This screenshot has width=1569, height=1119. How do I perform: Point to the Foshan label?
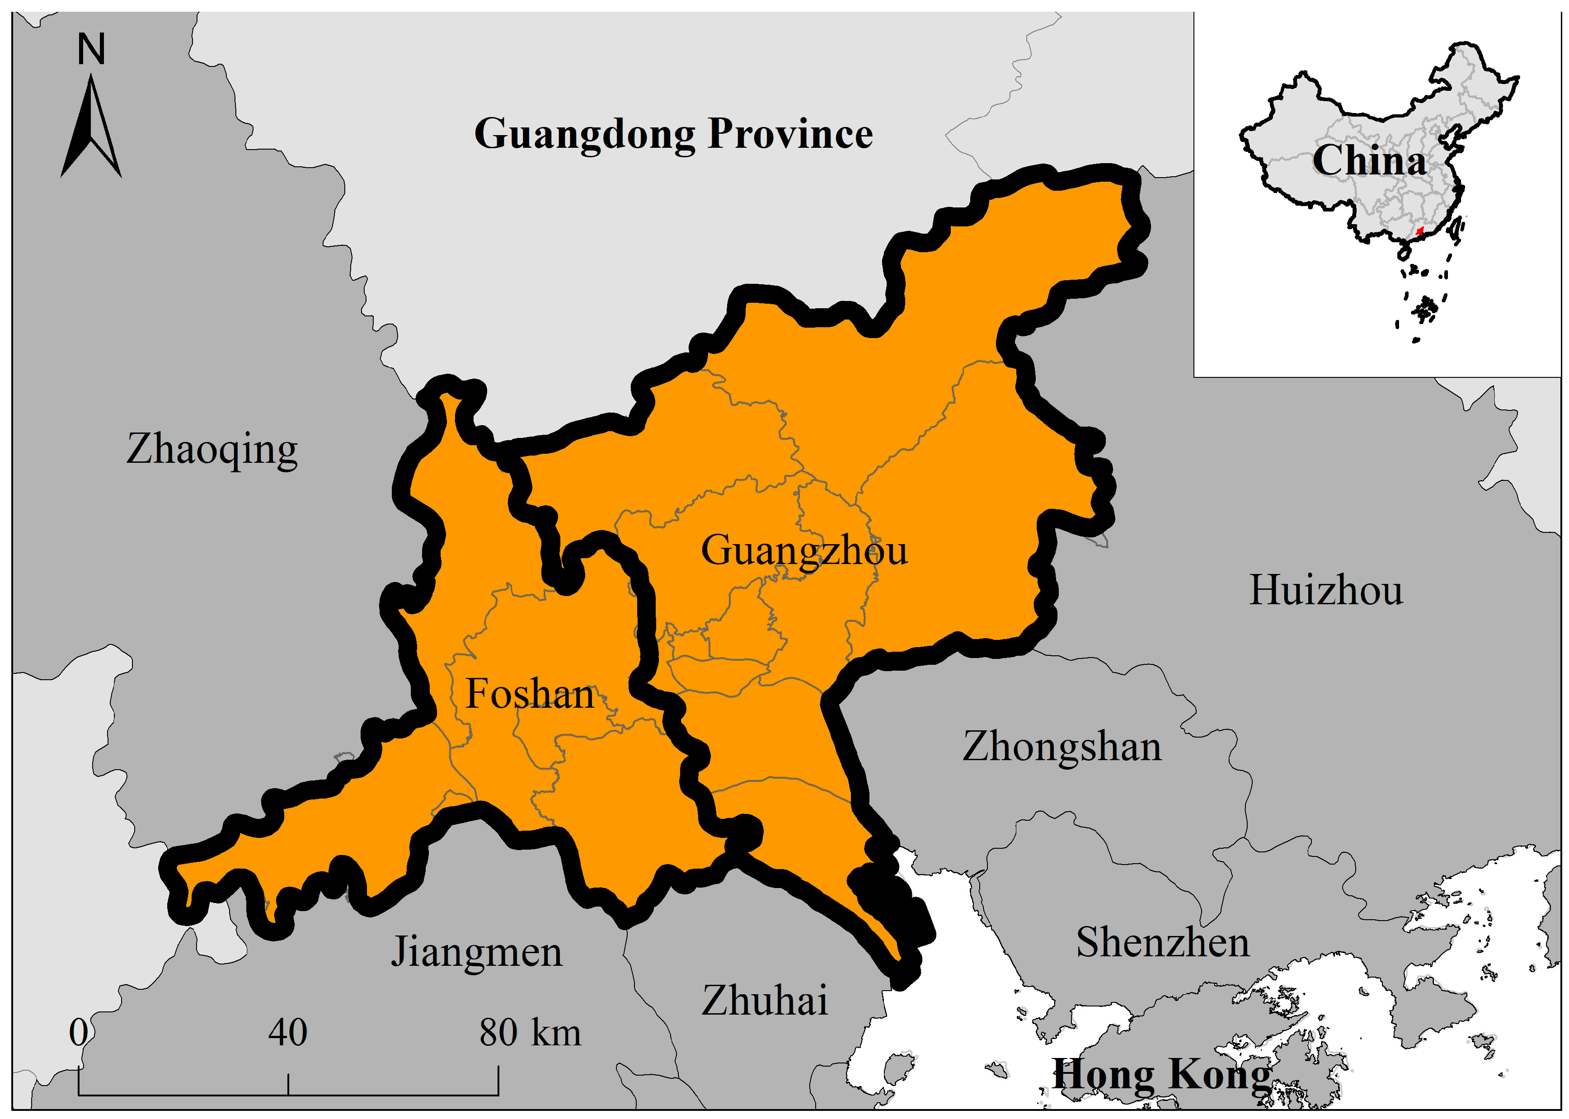pos(529,694)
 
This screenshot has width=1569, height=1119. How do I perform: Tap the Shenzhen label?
pos(1162,943)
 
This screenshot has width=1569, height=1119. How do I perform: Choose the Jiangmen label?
pos(476,953)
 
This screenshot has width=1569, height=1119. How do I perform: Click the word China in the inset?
pos(1368,161)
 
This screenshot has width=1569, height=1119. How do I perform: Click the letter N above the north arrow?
pos(91,50)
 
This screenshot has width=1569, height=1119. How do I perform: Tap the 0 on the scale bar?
pos(79,1033)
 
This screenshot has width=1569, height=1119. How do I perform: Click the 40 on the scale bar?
pos(287,1033)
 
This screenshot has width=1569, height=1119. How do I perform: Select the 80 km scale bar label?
pos(529,1033)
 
